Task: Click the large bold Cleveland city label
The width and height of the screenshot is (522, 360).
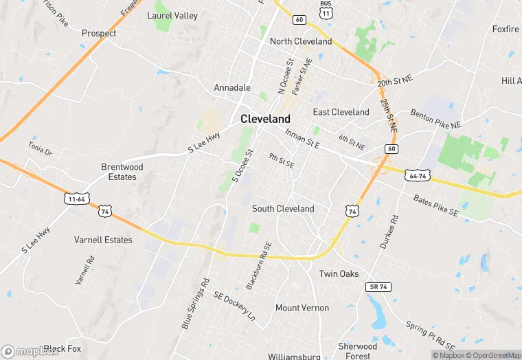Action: click(265, 118)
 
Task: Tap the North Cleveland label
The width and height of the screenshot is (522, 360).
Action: click(301, 41)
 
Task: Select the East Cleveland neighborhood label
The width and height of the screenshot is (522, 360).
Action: click(341, 112)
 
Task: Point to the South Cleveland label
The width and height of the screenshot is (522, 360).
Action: click(283, 208)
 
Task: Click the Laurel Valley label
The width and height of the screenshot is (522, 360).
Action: click(172, 15)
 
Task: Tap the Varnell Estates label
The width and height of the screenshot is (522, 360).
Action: click(103, 240)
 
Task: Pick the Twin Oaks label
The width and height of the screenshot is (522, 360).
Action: click(339, 273)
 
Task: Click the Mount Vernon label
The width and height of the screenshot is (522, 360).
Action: click(302, 308)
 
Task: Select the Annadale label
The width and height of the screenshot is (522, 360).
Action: click(232, 88)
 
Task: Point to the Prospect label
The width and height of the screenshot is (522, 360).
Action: click(99, 33)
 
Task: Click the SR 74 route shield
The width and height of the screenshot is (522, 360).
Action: click(378, 286)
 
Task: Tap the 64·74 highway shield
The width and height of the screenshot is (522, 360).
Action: click(417, 175)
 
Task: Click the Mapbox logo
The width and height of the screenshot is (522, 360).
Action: click(30, 351)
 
